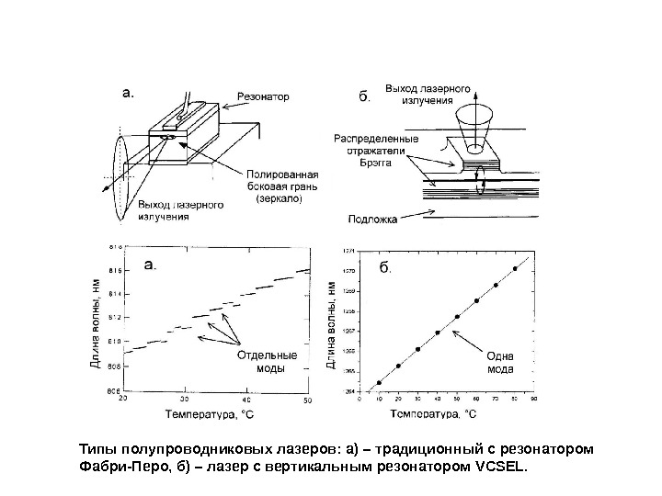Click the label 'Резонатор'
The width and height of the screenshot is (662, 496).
pyautogui.click(x=263, y=95)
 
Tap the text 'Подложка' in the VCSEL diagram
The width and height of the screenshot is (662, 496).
pyautogui.click(x=373, y=220)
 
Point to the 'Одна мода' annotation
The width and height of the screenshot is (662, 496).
pyautogui.click(x=501, y=363)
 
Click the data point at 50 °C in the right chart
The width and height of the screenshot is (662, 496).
pyautogui.click(x=457, y=317)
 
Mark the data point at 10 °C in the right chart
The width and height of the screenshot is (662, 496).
pyautogui.click(x=379, y=383)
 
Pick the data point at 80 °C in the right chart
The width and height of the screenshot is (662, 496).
pyautogui.click(x=515, y=268)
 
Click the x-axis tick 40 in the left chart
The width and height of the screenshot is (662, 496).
pyautogui.click(x=245, y=400)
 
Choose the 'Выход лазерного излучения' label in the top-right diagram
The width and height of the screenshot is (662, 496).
pyautogui.click(x=428, y=94)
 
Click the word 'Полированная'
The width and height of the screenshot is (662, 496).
pyautogui.click(x=282, y=175)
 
